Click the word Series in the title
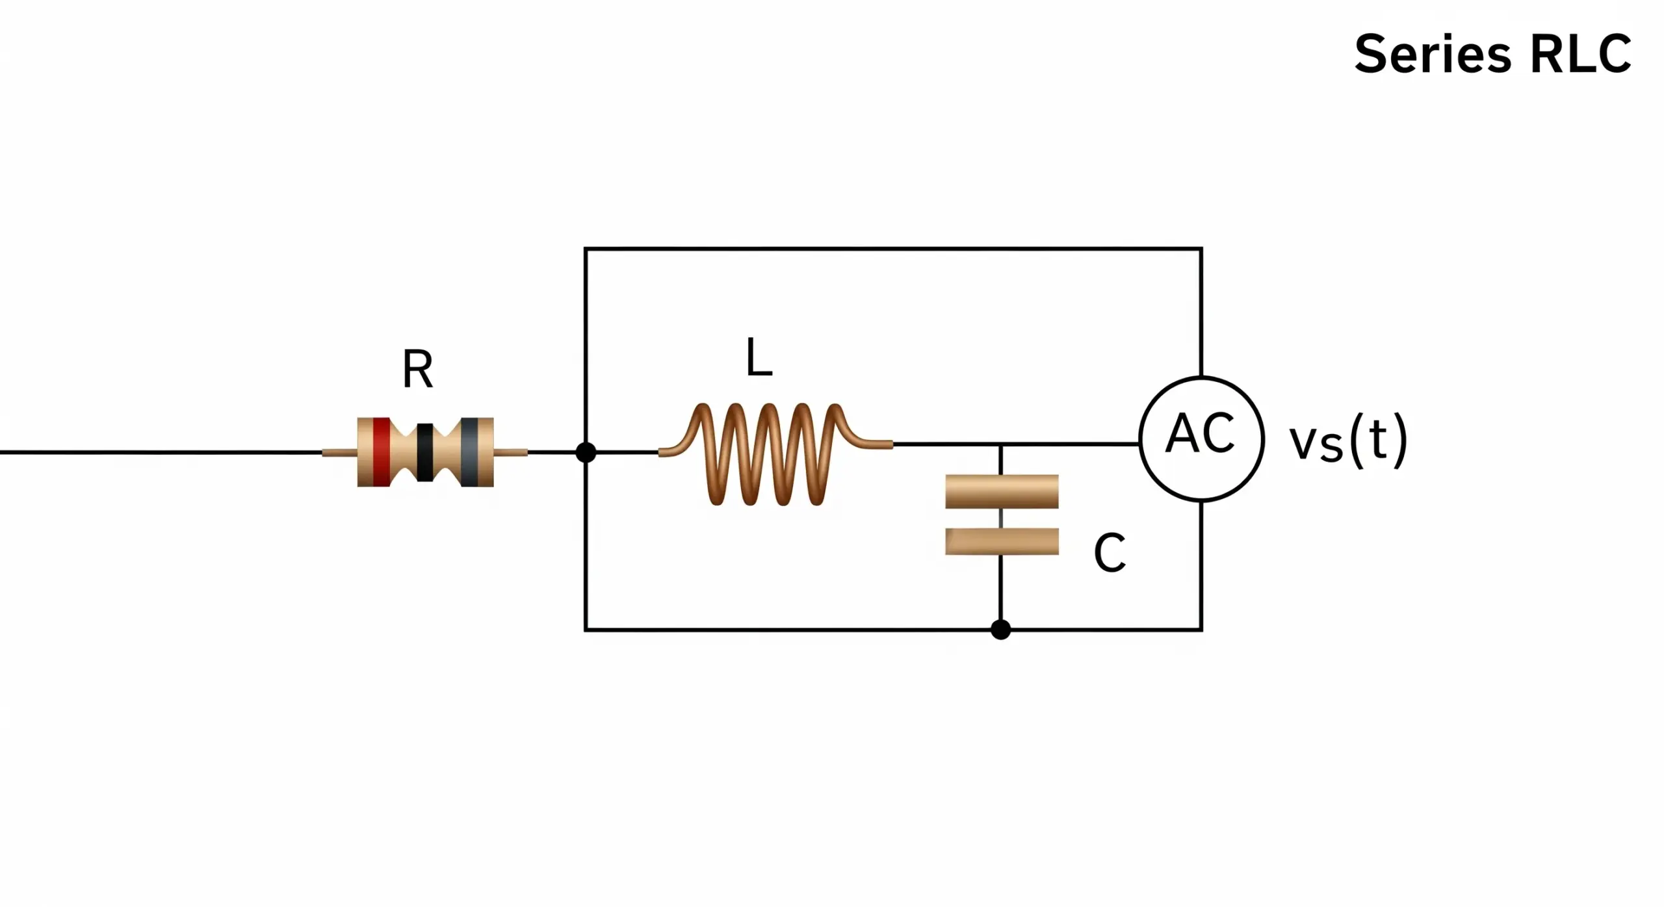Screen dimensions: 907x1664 (1433, 55)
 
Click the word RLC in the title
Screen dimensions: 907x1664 (1581, 55)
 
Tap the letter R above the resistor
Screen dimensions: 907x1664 (417, 369)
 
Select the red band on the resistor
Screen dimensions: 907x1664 (382, 452)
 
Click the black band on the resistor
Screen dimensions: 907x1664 (425, 452)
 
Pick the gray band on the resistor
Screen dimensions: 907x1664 (470, 452)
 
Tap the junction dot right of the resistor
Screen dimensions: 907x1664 (586, 452)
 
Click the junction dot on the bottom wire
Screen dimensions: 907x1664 (1000, 629)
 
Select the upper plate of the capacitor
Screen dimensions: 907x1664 (1002, 491)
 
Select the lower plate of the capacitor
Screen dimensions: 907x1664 (1002, 541)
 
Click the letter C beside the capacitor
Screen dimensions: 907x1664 (1110, 553)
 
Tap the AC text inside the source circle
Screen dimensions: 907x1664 (1200, 433)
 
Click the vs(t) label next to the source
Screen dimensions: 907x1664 (1348, 441)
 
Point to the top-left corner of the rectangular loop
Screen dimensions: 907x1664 (586, 249)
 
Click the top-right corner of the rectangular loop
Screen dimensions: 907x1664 (1201, 249)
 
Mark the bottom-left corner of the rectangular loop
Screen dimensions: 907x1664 (586, 629)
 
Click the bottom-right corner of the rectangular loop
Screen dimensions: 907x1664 (1201, 629)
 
